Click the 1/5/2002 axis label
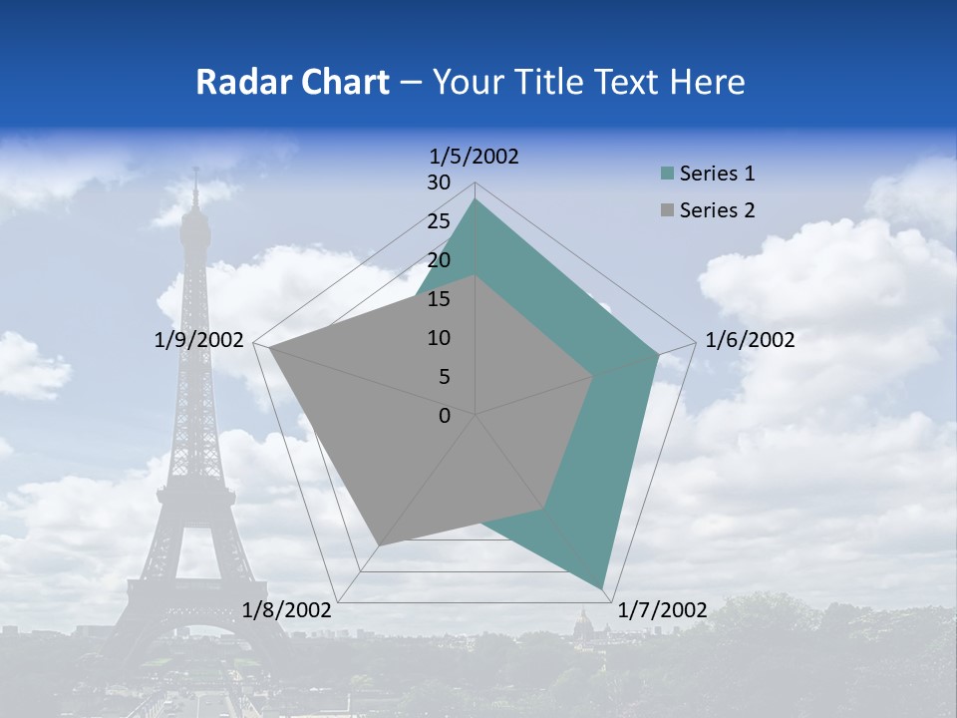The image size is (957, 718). pos(475,157)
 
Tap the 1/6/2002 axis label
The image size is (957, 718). pos(750,340)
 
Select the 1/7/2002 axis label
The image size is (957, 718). pos(663,610)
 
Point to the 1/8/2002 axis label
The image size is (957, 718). pos(287,610)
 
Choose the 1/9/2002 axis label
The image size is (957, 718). pos(199,340)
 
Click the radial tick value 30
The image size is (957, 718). pos(439,182)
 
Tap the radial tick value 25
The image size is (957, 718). pos(439,221)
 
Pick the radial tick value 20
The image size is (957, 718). pos(439,260)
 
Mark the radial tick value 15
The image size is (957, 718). pos(439,299)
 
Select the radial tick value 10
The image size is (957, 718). pos(439,338)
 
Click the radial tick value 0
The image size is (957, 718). pos(445,416)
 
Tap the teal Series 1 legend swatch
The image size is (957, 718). pos(667,174)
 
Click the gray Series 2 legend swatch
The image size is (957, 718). pos(667,210)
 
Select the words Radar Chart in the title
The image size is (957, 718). pos(292,82)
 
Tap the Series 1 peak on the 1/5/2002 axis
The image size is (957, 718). pos(476,199)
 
